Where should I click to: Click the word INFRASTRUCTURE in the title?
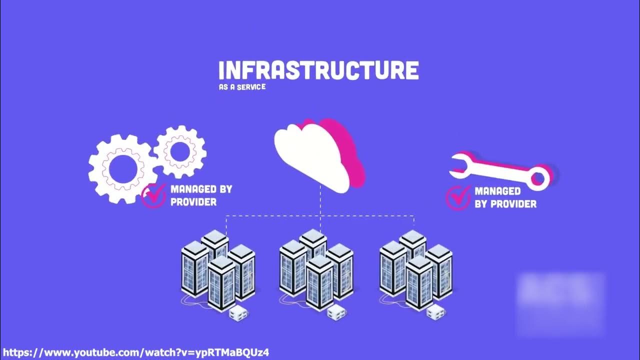[318, 70]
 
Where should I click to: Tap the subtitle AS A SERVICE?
[242, 87]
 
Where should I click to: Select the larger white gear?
[119, 169]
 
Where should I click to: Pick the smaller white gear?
[179, 151]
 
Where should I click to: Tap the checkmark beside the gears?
[154, 195]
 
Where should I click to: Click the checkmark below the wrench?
[458, 197]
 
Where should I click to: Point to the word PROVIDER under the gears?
[193, 202]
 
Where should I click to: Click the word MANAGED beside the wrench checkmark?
[497, 191]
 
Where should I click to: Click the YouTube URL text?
[136, 352]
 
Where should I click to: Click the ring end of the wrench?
[539, 177]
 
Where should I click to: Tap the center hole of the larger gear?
[119, 169]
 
